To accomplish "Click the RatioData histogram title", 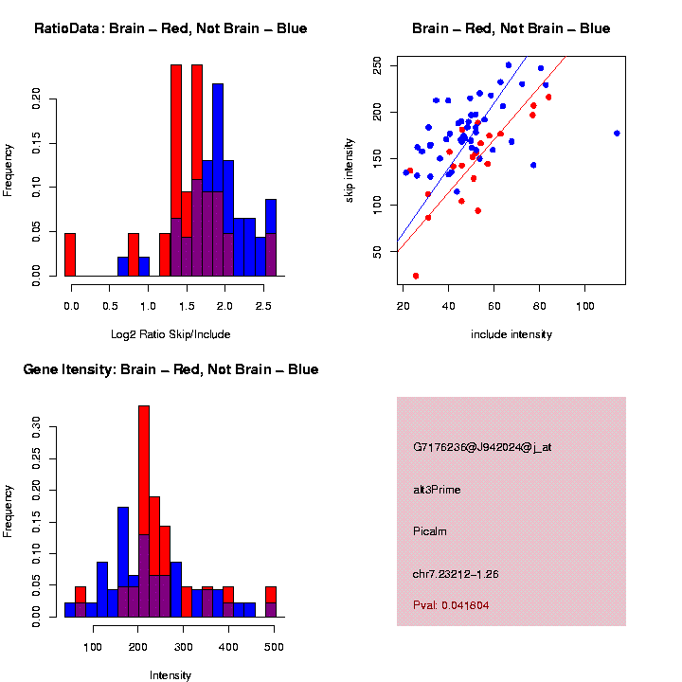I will pyautogui.click(x=170, y=28).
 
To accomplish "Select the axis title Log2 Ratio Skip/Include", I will pyautogui.click(x=170, y=334).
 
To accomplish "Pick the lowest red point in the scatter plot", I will pyautogui.click(x=416, y=276).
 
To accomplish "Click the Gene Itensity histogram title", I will pyautogui.click(x=170, y=369).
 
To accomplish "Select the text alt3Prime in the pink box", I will pyautogui.click(x=437, y=490).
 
